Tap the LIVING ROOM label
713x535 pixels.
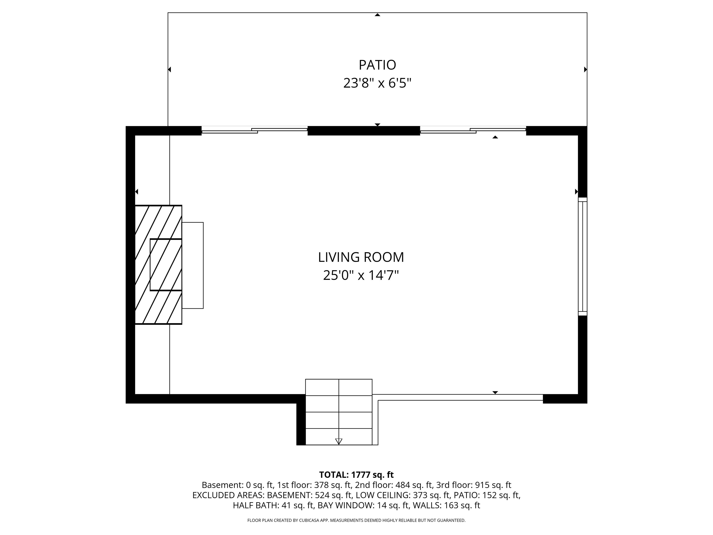point(361,257)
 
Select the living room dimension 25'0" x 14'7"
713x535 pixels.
point(361,275)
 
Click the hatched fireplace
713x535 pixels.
point(158,264)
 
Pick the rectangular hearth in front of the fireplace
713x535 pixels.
point(193,265)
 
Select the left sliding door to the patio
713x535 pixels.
point(254,130)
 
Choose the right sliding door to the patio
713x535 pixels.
point(473,130)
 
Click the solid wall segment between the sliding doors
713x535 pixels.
point(364,130)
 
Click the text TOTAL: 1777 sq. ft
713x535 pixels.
point(356,475)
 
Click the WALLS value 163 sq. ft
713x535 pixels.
point(462,505)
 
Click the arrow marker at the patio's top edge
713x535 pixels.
point(377,15)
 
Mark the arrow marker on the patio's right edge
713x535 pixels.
point(585,69)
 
